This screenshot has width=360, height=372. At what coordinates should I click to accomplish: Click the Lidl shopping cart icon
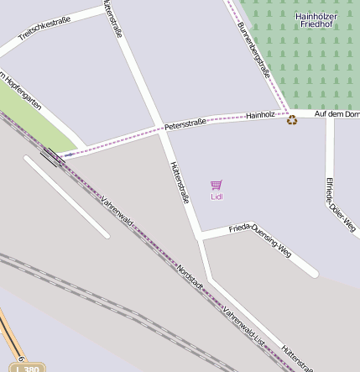pyautogui.click(x=217, y=185)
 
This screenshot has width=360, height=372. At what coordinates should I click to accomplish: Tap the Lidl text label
pyautogui.click(x=217, y=197)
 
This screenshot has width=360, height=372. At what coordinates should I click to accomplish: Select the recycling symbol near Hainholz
pyautogui.click(x=291, y=119)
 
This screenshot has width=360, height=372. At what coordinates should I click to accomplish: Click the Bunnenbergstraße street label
pyautogui.click(x=253, y=50)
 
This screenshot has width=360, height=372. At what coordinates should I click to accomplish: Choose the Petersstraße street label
pyautogui.click(x=185, y=124)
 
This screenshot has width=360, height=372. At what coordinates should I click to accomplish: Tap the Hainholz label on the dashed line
pyautogui.click(x=260, y=114)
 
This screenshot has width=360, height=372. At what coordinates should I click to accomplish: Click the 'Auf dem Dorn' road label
pyautogui.click(x=336, y=113)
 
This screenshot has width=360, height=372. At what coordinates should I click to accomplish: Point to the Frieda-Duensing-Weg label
pyautogui.click(x=260, y=239)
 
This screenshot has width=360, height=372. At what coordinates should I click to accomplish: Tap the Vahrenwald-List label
pyautogui.click(x=243, y=326)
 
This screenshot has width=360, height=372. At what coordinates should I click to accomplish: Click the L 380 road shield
pyautogui.click(x=28, y=368)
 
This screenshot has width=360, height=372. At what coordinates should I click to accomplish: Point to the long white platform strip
pyautogui.click(x=67, y=196)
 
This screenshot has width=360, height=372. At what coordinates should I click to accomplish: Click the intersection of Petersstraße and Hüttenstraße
pyautogui.click(x=159, y=128)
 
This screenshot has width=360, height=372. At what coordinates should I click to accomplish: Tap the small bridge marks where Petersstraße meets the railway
pyautogui.click(x=52, y=156)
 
